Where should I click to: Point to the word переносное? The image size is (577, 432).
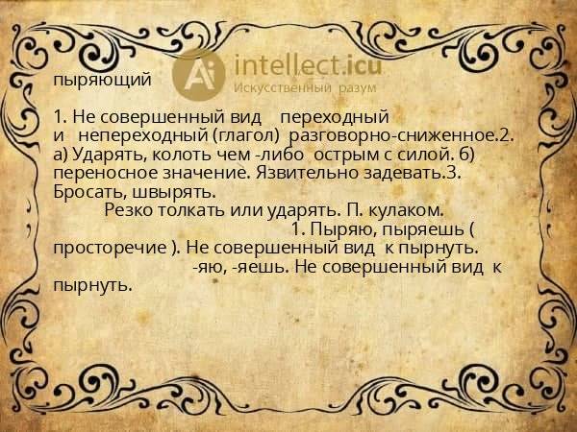coord(101,174)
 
